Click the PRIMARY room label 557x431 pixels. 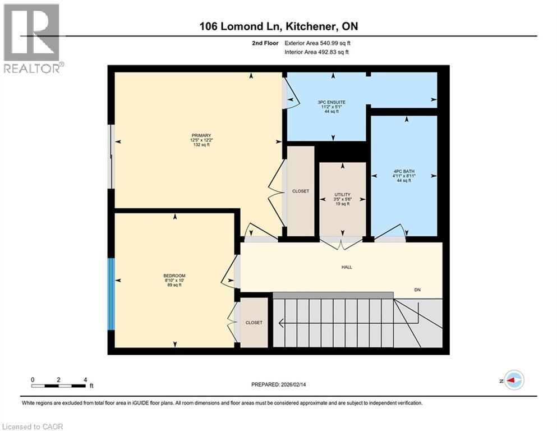click(201, 135)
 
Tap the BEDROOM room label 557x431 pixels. click(174, 276)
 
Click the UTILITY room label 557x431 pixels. click(342, 194)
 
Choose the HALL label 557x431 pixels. click(347, 267)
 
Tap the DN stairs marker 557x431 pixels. click(417, 290)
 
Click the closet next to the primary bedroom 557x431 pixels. click(301, 191)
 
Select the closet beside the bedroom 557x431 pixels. click(254, 323)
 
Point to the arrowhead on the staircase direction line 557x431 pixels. click(282, 323)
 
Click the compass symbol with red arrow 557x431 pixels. click(513, 380)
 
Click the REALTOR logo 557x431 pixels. click(33, 38)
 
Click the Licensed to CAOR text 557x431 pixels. click(33, 427)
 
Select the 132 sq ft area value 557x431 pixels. click(201, 145)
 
